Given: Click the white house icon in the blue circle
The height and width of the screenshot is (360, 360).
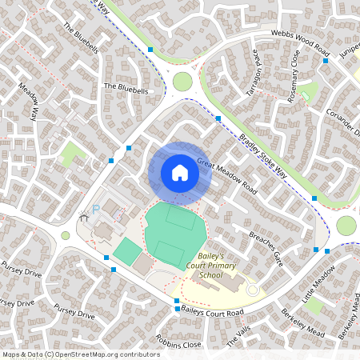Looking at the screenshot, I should pyautogui.click(x=179, y=173).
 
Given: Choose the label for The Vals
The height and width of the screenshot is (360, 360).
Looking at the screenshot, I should pyautogui.click(x=238, y=337).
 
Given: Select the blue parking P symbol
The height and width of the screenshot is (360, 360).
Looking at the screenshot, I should pyautogui.click(x=95, y=210).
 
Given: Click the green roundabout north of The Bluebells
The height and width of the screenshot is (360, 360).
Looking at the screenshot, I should pyautogui.click(x=182, y=82).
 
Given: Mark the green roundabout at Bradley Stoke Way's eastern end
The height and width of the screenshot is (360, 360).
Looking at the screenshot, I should pyautogui.click(x=346, y=226).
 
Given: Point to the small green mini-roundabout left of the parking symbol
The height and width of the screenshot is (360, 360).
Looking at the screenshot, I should pyautogui.click(x=66, y=235).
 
